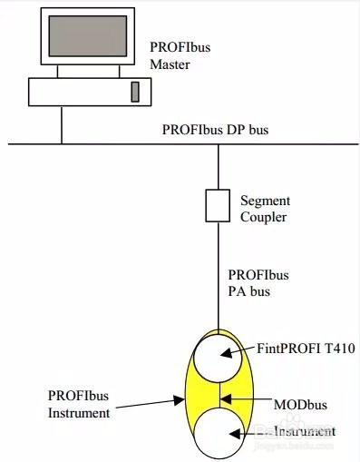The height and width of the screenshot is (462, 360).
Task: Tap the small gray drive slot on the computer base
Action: [x=134, y=92]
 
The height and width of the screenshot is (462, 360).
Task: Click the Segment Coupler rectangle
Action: [x=218, y=206]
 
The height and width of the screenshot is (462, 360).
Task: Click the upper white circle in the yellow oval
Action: [x=218, y=359]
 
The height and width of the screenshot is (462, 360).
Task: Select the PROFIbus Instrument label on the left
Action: [x=79, y=404]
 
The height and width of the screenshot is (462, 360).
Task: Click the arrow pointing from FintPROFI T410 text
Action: [x=239, y=350]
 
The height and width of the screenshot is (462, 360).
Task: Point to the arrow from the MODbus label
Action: [x=238, y=398]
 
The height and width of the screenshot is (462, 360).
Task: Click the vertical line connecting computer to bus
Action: [x=63, y=125]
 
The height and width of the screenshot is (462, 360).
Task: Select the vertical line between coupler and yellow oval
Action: [x=218, y=272]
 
